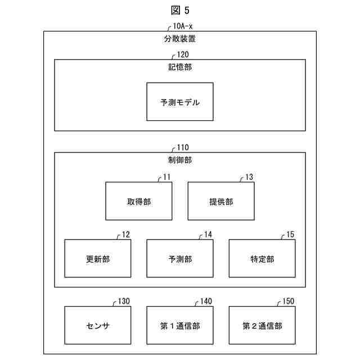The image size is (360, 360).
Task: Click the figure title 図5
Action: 181,10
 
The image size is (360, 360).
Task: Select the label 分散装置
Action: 180,39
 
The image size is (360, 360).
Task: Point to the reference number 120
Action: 183,55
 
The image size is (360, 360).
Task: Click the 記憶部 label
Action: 180,67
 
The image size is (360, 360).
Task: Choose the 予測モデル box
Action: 180,102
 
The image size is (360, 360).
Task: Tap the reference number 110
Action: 183,147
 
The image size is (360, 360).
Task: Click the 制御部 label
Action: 180,160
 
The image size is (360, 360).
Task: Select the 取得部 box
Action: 139,201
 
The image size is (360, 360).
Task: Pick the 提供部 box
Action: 221,201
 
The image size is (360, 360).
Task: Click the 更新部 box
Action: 98,259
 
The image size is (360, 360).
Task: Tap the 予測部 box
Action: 180,259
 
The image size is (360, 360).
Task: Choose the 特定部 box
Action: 262,259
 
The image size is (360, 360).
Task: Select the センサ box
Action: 98,326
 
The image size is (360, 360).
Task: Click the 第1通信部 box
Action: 180,326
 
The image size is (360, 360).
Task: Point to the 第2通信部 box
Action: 262,326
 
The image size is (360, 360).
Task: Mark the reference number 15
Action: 290,234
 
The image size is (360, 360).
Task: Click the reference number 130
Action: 124,301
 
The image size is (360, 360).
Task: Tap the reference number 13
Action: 249,177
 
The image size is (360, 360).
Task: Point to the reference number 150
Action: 288,301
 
